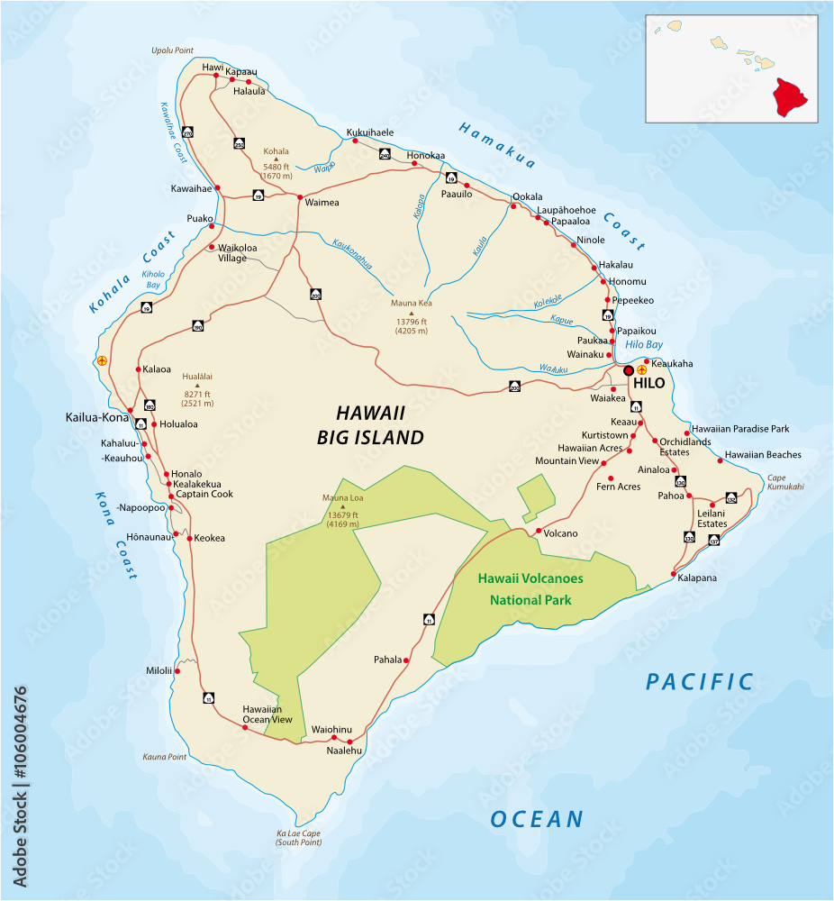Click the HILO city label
[x=648, y=384]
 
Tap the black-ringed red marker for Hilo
[x=629, y=369]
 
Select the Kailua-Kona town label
[x=98, y=418]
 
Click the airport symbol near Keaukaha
[x=642, y=369]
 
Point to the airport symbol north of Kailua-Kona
[x=102, y=360]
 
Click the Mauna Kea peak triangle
[x=411, y=314]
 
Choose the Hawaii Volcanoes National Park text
[x=530, y=588]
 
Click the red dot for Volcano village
[x=539, y=532]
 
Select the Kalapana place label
[x=697, y=578]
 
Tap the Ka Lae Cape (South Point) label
[x=298, y=838]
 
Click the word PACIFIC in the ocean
[x=699, y=682]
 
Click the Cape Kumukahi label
[x=784, y=482]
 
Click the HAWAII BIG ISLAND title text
[x=370, y=425]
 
